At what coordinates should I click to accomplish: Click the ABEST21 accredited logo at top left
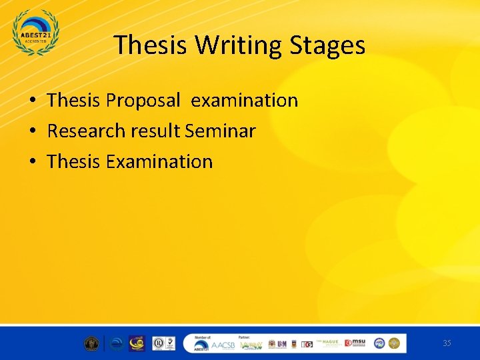(x=36, y=33)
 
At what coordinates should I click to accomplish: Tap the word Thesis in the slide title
(x=151, y=45)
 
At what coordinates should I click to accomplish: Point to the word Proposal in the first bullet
(x=142, y=101)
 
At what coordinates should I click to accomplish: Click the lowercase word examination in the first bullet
(x=244, y=101)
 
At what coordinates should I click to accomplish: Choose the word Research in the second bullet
(x=85, y=131)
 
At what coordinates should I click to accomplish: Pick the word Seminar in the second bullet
(x=220, y=131)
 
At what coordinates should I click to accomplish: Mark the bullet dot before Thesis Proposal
(x=32, y=101)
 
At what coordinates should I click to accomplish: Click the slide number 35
(x=447, y=343)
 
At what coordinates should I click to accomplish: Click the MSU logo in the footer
(x=357, y=343)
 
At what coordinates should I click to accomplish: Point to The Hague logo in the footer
(x=330, y=343)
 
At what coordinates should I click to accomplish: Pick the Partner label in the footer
(x=245, y=337)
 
